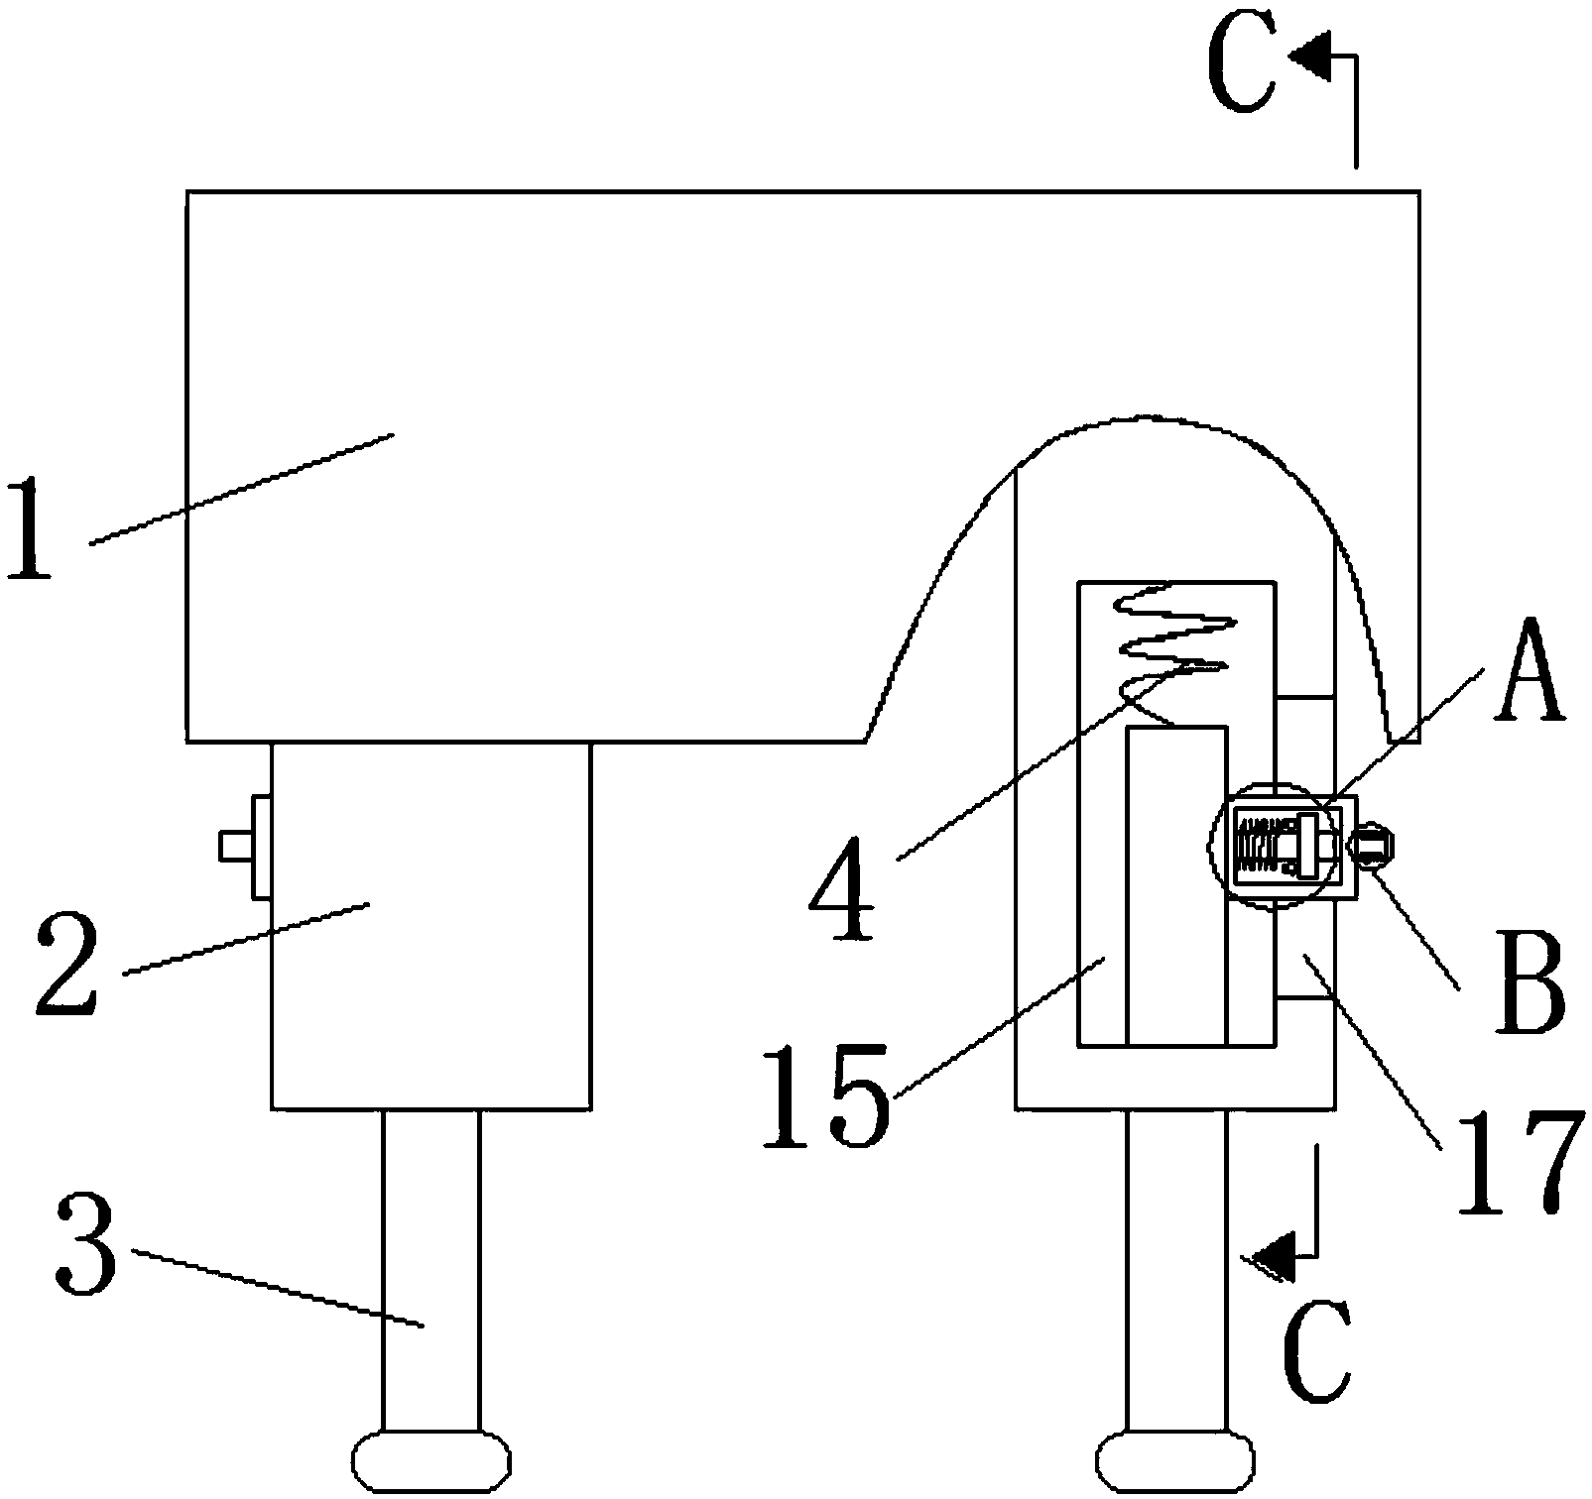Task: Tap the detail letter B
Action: point(1529,980)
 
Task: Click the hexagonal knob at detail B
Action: point(1372,846)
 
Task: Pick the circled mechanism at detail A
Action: point(1275,846)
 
